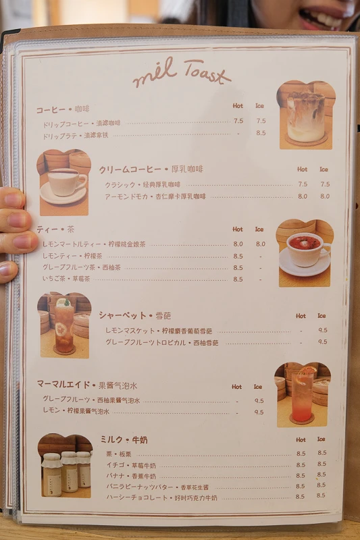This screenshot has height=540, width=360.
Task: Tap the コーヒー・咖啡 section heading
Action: point(62,109)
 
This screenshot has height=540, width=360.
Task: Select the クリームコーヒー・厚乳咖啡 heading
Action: point(150,169)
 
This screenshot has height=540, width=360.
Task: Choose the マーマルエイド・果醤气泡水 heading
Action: point(86,385)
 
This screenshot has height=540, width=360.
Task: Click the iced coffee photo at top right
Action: point(306,115)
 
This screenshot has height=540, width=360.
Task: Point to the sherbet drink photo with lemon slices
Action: point(64,325)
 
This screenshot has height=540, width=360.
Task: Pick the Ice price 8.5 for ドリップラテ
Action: point(261,134)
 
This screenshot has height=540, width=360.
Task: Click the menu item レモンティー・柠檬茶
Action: point(72,256)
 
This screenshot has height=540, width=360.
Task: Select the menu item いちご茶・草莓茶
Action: point(66,278)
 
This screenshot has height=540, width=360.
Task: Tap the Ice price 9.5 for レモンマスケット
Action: point(322,331)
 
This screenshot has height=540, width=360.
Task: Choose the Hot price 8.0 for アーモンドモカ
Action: point(302,196)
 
